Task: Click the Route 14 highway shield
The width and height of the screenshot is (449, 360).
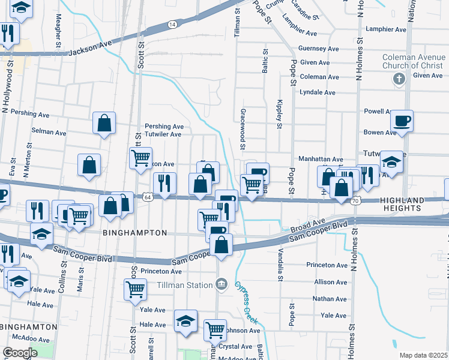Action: click(x=172, y=24)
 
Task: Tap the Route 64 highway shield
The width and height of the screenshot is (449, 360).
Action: click(x=147, y=196)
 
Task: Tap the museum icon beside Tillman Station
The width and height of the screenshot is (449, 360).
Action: click(x=221, y=283)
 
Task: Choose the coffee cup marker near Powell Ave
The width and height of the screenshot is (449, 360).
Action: click(x=402, y=121)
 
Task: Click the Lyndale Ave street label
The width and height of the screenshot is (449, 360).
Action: click(x=318, y=92)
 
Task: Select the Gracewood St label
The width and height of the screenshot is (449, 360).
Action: click(x=243, y=129)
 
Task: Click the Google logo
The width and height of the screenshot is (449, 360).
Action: click(x=20, y=353)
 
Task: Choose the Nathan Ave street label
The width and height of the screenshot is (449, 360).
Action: click(x=330, y=298)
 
